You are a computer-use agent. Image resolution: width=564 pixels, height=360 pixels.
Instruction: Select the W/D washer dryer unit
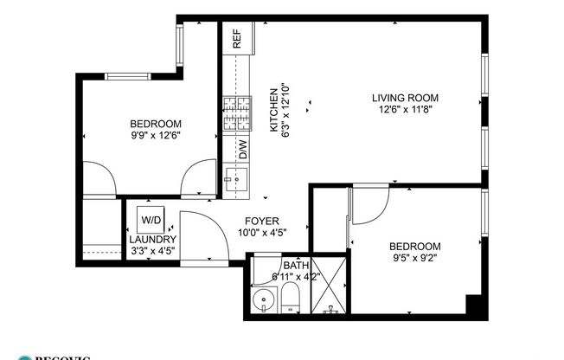pyautogui.click(x=150, y=220)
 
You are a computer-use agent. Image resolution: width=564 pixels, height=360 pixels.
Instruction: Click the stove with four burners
pyautogui.click(x=236, y=116)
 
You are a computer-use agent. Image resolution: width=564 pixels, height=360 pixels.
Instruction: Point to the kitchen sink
pyautogui.click(x=234, y=179)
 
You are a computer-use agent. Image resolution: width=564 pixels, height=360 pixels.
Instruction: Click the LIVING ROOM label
pyautogui.click(x=405, y=98)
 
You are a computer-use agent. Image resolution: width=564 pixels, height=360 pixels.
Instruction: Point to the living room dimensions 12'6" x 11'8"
pyautogui.click(x=405, y=110)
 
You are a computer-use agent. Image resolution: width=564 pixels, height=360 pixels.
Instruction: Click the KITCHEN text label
pyautogui.click(x=273, y=110)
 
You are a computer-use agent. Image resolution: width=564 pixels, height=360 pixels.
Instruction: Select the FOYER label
pyautogui.click(x=260, y=221)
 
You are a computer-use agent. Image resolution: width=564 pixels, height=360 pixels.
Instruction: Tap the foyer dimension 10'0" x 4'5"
pyautogui.click(x=260, y=233)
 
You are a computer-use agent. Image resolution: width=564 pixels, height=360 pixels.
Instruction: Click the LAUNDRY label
pyautogui.click(x=153, y=240)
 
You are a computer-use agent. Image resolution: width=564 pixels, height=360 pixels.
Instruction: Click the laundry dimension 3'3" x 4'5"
pyautogui.click(x=153, y=252)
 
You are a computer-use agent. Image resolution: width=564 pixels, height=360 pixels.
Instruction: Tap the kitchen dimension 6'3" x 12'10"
pyautogui.click(x=285, y=110)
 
